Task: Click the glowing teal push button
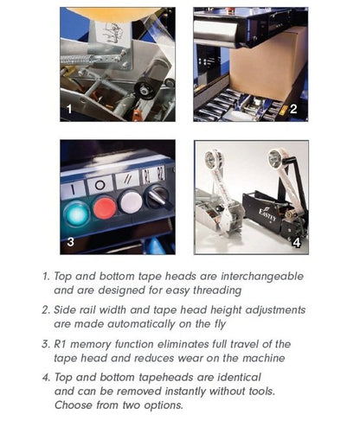[x=76, y=214]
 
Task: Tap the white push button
[x=132, y=202]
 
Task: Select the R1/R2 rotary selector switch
[x=157, y=197]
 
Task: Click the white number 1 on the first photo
[x=69, y=110]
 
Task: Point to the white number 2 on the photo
[x=293, y=109]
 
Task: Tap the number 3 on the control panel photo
[x=70, y=242]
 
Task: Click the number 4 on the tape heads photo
[x=297, y=243]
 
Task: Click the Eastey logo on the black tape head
[x=267, y=214]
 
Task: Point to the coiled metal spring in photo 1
[x=77, y=61]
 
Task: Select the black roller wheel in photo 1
[x=145, y=89]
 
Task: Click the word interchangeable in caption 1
[x=262, y=277]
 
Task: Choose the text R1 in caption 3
[x=61, y=344]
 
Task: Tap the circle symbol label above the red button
[x=100, y=185]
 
